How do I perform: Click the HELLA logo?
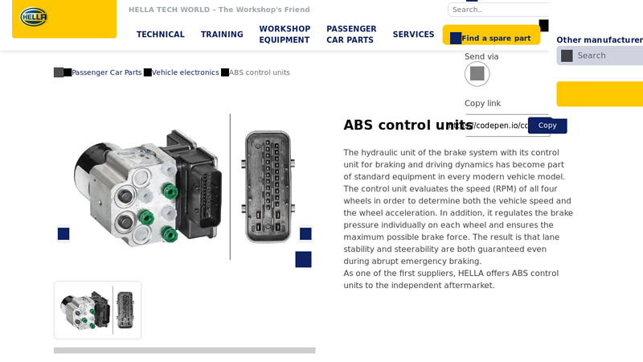pos(34,17)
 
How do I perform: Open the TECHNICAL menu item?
pos(160,35)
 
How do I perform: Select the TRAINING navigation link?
pos(222,35)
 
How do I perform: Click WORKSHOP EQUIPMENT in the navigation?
pos(285,35)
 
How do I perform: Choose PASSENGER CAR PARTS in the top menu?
pos(351,35)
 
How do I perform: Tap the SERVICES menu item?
pos(413,35)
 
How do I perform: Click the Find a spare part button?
pos(491,38)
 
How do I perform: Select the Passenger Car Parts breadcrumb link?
pos(106,72)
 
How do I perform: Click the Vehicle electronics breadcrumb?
pos(185,72)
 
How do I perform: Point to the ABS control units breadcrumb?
pos(259,72)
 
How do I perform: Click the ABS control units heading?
pos(408,125)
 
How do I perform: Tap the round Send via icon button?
pos(477,74)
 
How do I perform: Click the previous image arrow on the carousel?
pos(63,234)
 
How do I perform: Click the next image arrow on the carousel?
pos(305,234)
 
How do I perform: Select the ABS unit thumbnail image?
pos(97,310)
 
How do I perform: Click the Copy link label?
pos(482,103)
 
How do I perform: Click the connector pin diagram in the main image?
pos(268,187)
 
